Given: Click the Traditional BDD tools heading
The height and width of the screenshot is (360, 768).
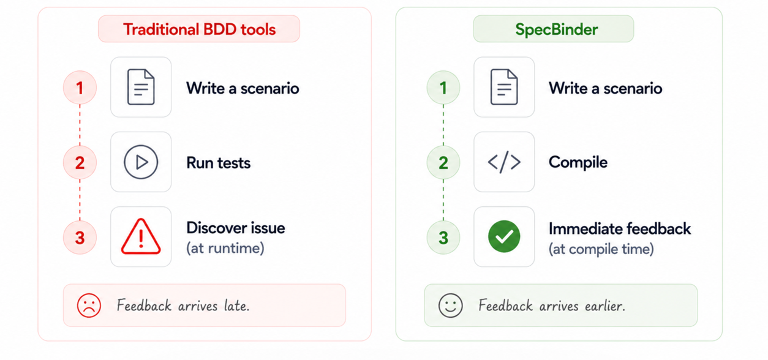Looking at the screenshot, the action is coord(199,29).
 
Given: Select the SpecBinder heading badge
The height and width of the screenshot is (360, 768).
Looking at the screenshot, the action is coord(554,29).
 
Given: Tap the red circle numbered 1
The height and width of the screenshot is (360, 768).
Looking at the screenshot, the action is coord(80,88).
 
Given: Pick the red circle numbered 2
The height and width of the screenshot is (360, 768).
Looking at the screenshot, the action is coord(80,162).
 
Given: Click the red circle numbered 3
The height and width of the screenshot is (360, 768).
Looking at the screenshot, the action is coord(80,238).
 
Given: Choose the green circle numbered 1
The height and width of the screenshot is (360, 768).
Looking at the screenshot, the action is coord(443,88).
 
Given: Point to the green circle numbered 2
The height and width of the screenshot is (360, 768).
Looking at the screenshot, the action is coord(443,162).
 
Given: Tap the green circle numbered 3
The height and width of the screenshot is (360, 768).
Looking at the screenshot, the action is coord(443,238).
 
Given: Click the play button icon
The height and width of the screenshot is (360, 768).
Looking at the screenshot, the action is coord(141,162).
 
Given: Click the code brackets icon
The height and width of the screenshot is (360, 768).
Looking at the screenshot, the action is coord(504,162).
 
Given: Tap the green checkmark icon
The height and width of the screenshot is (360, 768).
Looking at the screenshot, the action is coord(504,236).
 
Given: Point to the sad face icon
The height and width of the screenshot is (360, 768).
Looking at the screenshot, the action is coord(89,305).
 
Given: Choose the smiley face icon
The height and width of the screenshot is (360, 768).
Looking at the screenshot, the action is coord(451,305).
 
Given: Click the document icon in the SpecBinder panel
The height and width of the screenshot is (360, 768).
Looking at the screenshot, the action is coord(504,87).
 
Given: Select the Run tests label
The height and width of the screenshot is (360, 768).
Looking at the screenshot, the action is coord(219,162).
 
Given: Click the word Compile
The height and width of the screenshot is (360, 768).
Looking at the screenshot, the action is coord(578,162).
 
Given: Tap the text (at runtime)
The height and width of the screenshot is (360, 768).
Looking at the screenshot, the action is coord(225,248).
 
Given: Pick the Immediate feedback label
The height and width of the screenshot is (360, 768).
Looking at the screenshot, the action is coord(620,229).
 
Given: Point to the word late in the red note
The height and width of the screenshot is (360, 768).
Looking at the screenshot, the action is coord(236,305).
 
